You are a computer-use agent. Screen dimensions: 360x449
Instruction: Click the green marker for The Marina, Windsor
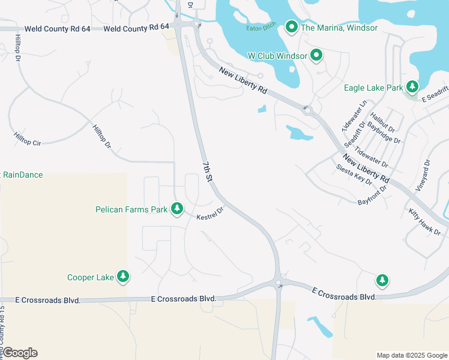pyautogui.click(x=292, y=27)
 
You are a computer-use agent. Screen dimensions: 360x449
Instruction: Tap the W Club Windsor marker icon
pyautogui.click(x=316, y=56)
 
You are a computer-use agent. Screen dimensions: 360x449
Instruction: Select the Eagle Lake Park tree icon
pyautogui.click(x=412, y=88)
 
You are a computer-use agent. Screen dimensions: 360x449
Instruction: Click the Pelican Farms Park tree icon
pyautogui.click(x=176, y=209)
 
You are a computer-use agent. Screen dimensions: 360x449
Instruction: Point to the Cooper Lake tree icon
pyautogui.click(x=123, y=277)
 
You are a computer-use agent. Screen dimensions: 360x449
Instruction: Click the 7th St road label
pyautogui.click(x=207, y=172)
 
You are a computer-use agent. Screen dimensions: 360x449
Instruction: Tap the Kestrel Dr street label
pyautogui.click(x=210, y=213)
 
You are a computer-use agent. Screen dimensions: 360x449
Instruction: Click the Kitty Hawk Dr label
pyautogui.click(x=425, y=221)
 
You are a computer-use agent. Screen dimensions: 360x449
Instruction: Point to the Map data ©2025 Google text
pyautogui.click(x=412, y=355)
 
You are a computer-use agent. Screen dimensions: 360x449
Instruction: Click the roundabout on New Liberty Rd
pyautogui.click(x=308, y=110)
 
